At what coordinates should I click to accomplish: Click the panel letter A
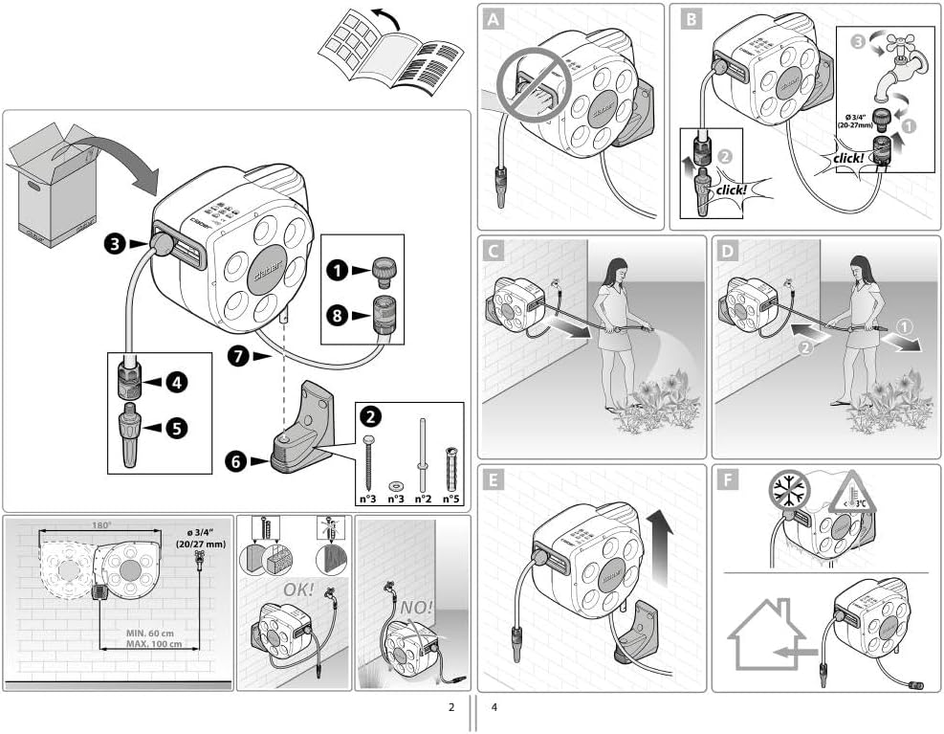click(x=494, y=19)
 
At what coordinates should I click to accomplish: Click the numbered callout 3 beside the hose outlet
click(x=116, y=245)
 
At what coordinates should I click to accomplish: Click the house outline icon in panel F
click(x=765, y=635)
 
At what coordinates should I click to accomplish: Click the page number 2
click(x=450, y=708)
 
